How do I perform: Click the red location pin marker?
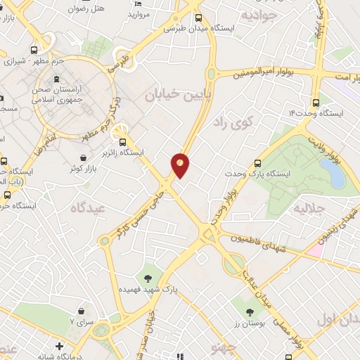(180, 165)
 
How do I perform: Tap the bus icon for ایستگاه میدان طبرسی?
(199, 18)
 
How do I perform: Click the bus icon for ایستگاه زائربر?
(124, 140)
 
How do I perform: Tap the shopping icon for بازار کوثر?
(84, 157)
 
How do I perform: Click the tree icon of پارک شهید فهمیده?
(148, 278)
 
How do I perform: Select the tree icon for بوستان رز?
(250, 311)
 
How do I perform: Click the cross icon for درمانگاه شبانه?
(60, 347)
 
